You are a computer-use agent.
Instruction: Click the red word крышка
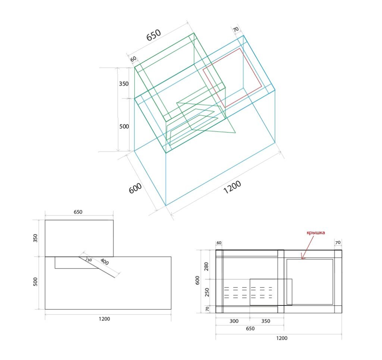(x=316, y=233)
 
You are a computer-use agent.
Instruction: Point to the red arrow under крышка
(x=308, y=248)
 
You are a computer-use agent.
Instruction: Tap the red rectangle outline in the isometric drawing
(x=232, y=78)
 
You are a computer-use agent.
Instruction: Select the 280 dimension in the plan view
(x=207, y=267)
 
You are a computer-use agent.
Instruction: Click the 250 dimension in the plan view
(x=207, y=292)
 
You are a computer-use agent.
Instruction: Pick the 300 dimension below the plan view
(x=234, y=321)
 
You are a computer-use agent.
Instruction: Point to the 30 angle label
(x=90, y=260)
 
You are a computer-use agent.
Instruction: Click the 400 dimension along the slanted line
(x=104, y=262)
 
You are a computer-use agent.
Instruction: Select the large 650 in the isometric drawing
(x=154, y=35)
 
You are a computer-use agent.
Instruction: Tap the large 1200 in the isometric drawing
(x=232, y=187)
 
